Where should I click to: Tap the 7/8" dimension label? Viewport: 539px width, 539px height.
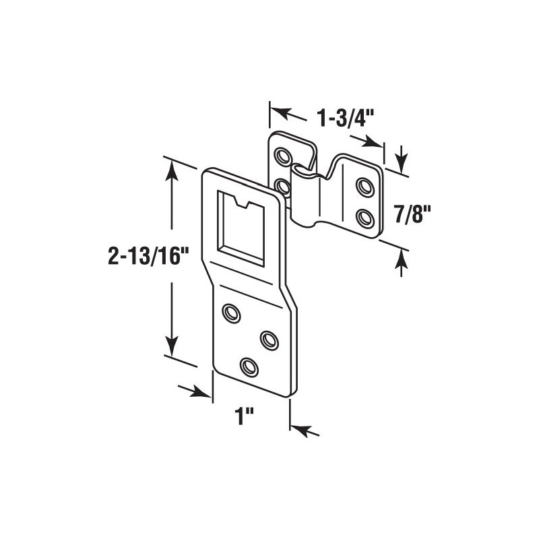click(x=406, y=214)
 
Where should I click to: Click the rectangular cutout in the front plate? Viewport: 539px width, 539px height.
click(x=241, y=229)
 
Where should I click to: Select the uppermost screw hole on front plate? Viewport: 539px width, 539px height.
click(x=232, y=313)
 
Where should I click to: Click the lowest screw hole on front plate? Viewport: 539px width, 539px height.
click(x=249, y=367)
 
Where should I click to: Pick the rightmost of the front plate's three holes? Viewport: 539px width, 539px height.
click(x=269, y=340)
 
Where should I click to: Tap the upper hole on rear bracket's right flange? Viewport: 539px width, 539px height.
click(x=365, y=187)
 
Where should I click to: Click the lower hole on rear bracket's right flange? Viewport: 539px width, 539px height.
click(x=365, y=218)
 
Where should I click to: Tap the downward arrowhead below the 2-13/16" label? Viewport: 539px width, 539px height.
click(x=172, y=348)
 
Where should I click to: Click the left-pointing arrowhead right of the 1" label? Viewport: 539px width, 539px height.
click(x=300, y=429)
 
